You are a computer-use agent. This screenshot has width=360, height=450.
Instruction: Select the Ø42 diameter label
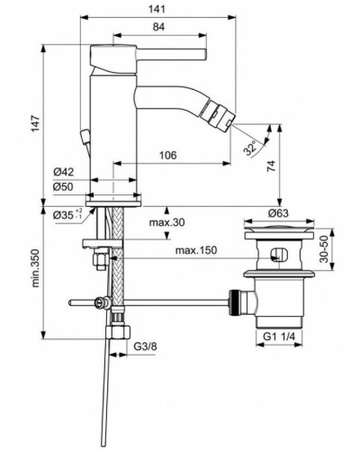click(62, 170)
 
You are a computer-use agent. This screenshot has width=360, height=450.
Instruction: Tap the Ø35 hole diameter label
click(61, 215)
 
